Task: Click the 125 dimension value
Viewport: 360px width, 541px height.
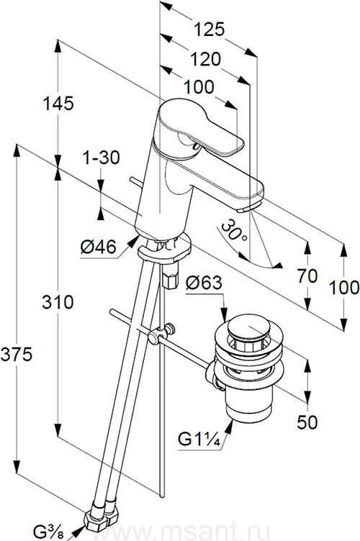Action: (x=209, y=29)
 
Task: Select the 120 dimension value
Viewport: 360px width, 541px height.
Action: (x=205, y=59)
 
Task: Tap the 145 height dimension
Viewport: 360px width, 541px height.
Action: (x=58, y=103)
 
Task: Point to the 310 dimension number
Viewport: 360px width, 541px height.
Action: (x=58, y=302)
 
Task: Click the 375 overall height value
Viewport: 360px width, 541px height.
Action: (x=17, y=355)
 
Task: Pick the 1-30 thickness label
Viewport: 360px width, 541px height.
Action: (x=101, y=158)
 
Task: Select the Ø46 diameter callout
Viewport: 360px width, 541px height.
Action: (x=99, y=247)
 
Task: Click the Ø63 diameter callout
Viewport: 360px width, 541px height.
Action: (x=204, y=283)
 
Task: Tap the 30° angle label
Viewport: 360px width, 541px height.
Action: (x=235, y=231)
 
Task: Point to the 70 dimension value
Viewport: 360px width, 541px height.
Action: (x=307, y=276)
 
